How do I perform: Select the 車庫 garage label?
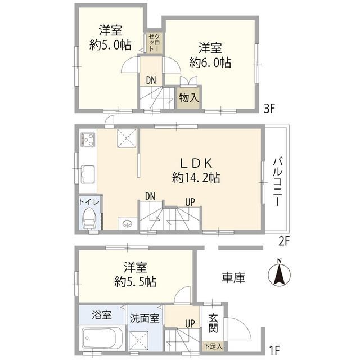point(233,277)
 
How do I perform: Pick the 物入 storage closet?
point(189,97)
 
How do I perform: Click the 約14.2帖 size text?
point(196,178)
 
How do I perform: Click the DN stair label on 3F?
point(151,80)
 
